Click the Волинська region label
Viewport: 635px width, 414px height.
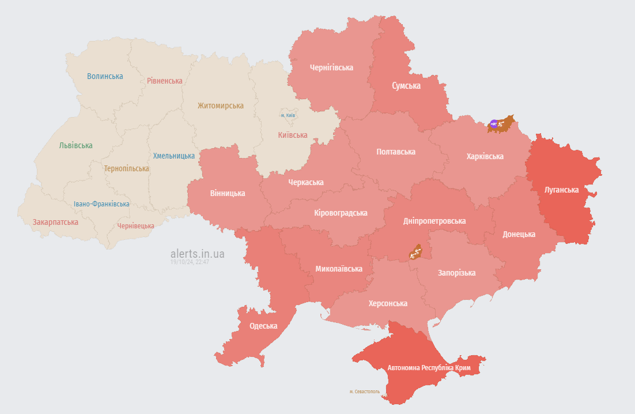105,76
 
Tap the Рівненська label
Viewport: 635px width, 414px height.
164,81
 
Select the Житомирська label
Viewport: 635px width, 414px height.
220,106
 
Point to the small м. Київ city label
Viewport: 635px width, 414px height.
288,115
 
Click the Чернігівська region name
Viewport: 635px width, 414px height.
331,67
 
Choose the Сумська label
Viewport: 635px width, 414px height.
406,86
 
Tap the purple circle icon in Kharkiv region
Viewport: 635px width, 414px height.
494,123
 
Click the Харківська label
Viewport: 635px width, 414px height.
485,156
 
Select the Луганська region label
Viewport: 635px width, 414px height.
561,189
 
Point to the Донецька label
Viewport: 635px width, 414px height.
519,234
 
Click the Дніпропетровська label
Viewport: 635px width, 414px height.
434,221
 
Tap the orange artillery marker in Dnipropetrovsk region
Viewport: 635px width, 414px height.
415,252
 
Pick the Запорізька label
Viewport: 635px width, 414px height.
456,273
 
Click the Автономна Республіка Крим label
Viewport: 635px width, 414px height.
429,368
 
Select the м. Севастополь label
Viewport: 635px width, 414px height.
364,392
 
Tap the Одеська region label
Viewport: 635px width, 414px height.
263,326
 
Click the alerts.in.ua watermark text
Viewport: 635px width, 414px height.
198,253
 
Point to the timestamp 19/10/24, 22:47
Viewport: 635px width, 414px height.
190,262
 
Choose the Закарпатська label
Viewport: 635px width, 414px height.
55,221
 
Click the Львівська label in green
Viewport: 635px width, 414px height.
75,145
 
